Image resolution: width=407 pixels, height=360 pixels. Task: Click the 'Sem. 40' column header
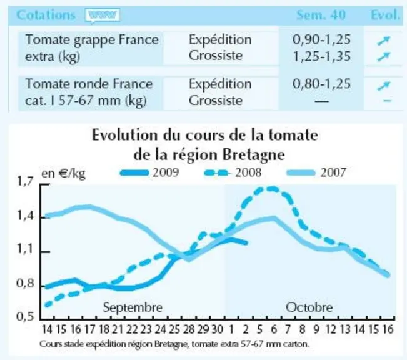point(321,15)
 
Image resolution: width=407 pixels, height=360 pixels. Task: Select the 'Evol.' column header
point(385,15)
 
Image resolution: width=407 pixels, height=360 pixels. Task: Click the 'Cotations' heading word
point(46,15)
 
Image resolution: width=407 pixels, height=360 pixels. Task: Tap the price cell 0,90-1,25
point(321,40)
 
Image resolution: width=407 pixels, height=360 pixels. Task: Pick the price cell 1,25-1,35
point(321,56)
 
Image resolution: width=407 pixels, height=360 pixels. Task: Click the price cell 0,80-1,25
point(321,84)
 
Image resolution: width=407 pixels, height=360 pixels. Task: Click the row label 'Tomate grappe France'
point(92,41)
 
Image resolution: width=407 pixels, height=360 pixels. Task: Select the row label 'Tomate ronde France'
point(89,84)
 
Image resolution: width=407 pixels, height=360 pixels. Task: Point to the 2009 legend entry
point(149,172)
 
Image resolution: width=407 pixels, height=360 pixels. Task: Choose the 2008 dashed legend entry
point(233,172)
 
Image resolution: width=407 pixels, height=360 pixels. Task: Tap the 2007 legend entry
point(316,172)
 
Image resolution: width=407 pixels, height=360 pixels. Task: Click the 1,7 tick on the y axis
point(25,182)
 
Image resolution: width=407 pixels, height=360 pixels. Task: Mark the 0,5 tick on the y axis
point(25,317)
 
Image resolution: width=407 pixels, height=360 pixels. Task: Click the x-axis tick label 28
point(189,329)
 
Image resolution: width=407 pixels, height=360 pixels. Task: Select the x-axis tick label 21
point(118,329)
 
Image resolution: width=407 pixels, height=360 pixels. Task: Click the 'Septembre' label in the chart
point(133,308)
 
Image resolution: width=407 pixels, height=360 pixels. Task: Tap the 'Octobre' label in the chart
point(309,307)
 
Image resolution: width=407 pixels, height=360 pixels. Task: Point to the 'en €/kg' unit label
point(64,173)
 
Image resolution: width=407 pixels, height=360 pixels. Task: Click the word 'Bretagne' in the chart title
point(254,155)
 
